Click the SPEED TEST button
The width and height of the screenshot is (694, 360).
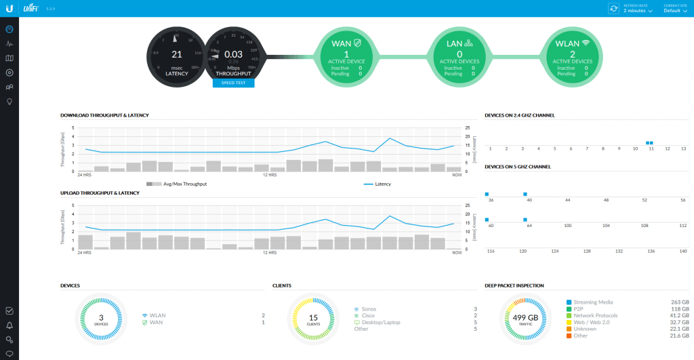point(233,83)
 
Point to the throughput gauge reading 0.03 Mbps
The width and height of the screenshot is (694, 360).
point(233,54)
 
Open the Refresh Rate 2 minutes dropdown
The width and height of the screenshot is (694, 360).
point(638,11)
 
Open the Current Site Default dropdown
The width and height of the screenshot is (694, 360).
point(676,11)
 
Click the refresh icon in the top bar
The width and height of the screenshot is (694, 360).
point(614,8)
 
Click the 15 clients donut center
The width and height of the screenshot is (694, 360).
point(312,318)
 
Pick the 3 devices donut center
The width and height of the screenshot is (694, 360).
point(101,318)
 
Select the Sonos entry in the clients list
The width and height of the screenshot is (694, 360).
point(370,309)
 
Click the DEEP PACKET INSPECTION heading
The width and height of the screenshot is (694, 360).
point(514,285)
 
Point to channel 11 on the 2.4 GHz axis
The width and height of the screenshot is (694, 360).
point(651,148)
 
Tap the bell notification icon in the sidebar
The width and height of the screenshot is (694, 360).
point(9,325)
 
